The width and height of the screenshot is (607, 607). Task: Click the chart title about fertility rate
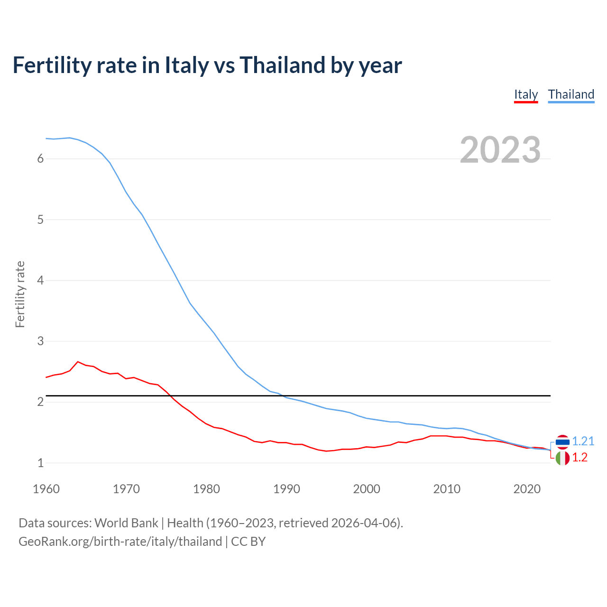[x=207, y=65]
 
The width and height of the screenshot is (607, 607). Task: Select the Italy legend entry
[x=526, y=94]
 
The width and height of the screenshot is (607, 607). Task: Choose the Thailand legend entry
[x=571, y=94]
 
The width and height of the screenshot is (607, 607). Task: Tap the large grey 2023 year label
[x=500, y=150]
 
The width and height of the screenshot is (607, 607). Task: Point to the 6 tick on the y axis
[x=40, y=159]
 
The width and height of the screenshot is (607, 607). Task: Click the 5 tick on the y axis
[x=40, y=220]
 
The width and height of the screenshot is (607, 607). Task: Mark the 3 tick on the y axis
[x=40, y=341]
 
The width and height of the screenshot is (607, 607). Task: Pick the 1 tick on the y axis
[x=40, y=463]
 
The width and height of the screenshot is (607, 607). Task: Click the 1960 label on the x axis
[x=46, y=489]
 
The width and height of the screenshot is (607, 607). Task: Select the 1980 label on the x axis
[x=206, y=489]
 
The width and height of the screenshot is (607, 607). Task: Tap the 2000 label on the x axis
[x=367, y=489]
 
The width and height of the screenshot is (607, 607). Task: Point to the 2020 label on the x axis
[x=527, y=489]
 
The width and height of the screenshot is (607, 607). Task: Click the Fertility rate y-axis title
[x=20, y=294]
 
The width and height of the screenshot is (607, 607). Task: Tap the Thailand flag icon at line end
[x=562, y=442]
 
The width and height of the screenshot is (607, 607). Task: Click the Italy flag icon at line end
[x=562, y=458]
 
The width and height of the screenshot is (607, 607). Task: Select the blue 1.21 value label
[x=583, y=441]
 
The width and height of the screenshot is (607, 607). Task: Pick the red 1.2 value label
[x=579, y=457]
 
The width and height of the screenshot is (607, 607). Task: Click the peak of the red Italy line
[x=78, y=362]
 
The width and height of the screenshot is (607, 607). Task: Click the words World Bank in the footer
[x=126, y=523]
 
